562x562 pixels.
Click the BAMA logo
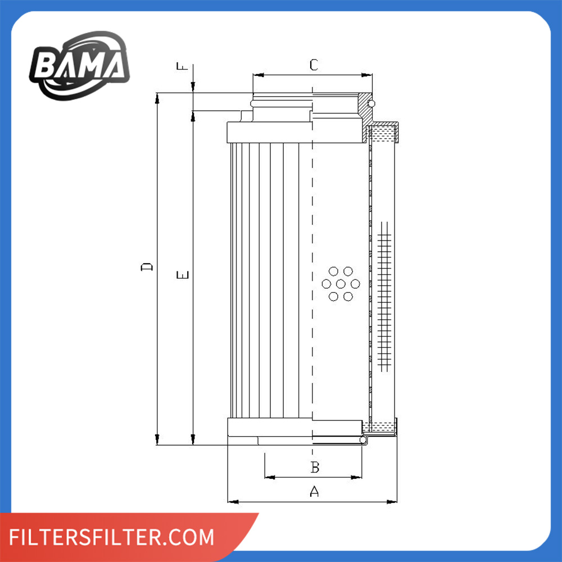tap(79, 66)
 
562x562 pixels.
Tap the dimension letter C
tap(314, 65)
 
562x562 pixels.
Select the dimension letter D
tap(147, 267)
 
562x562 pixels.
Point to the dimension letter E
tap(183, 275)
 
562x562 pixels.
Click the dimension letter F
tap(182, 66)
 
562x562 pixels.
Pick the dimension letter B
tap(315, 467)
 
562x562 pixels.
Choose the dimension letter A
tap(314, 491)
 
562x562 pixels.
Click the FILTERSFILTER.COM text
tap(111, 537)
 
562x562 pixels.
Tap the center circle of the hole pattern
tap(341, 284)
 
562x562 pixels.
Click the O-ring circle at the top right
tap(371, 103)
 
